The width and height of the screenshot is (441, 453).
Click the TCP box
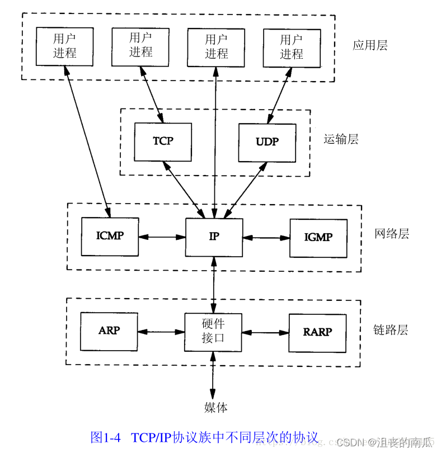click(x=163, y=142)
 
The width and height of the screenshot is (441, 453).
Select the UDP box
click(x=267, y=143)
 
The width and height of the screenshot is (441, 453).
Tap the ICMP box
click(x=110, y=237)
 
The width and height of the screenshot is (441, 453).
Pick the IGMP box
click(x=318, y=238)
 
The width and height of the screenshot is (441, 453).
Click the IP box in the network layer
click(x=214, y=237)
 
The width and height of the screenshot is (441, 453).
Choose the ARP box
click(x=109, y=332)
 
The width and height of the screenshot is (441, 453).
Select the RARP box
click(x=317, y=333)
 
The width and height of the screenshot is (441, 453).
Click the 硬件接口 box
click(x=213, y=332)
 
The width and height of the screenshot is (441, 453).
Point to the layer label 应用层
click(x=370, y=45)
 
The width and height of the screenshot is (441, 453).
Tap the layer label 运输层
click(x=341, y=139)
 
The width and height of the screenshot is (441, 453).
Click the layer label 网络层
click(x=392, y=233)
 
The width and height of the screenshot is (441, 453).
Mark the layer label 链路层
click(x=391, y=329)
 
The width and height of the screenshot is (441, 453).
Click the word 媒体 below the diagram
click(x=215, y=407)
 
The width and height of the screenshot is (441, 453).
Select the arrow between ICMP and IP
click(x=162, y=237)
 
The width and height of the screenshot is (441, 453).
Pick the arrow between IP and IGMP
click(x=266, y=238)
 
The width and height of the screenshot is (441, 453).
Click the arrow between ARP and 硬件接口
click(x=161, y=332)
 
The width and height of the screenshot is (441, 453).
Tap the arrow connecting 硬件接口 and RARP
click(x=265, y=333)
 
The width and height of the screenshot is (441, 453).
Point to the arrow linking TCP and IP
click(x=184, y=190)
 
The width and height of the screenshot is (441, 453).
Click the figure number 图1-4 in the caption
click(x=106, y=437)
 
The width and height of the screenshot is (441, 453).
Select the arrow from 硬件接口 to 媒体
click(x=213, y=376)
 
